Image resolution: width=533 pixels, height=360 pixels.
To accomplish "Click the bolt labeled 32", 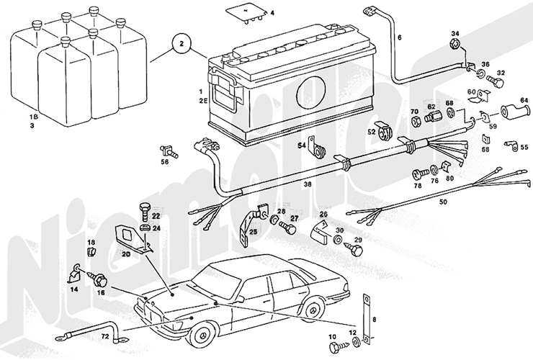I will (494, 83).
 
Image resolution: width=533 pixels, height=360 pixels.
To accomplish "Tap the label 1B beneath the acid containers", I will (33, 116).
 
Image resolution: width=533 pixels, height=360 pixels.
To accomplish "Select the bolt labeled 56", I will (169, 151).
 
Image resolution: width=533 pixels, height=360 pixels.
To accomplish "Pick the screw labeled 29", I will (355, 249).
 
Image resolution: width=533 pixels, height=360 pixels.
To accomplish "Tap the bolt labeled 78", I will (417, 174).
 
